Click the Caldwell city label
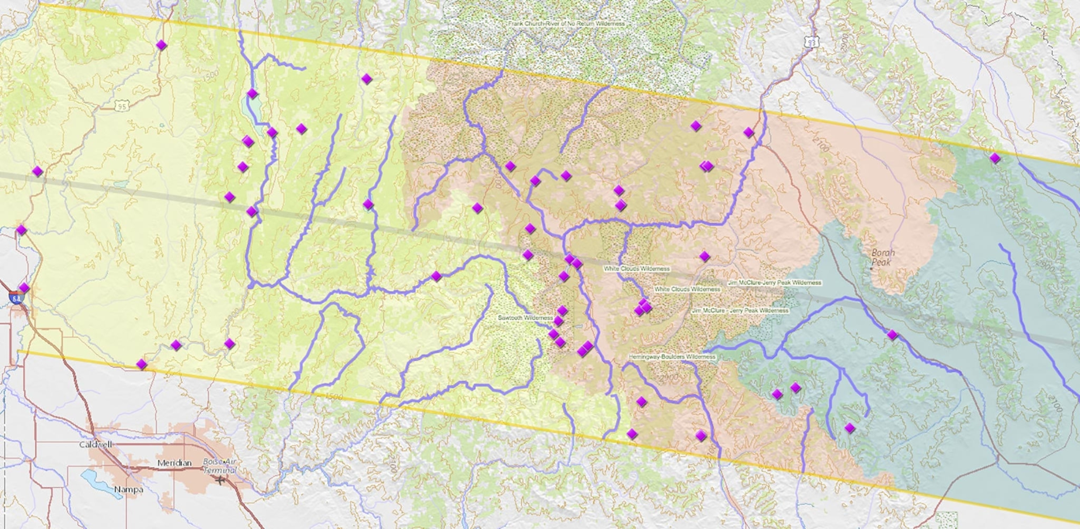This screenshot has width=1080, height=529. point(96,444)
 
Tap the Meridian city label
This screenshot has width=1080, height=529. point(174,463)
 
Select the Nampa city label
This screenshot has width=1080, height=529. point(128,490)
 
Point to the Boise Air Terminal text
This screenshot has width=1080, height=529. point(219,466)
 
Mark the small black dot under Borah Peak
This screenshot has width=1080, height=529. point(871,269)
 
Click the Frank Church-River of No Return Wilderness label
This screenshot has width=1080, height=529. point(566,24)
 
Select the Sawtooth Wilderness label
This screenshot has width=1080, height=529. point(525,318)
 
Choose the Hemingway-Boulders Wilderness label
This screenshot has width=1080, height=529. point(671,357)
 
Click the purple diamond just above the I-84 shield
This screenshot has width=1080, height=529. point(24,288)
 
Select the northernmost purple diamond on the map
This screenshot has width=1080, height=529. point(161,45)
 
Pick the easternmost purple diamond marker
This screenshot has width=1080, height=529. point(995,158)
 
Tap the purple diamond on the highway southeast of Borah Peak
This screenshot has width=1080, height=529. point(892,335)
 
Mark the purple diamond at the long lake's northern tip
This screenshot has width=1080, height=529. point(252,93)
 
